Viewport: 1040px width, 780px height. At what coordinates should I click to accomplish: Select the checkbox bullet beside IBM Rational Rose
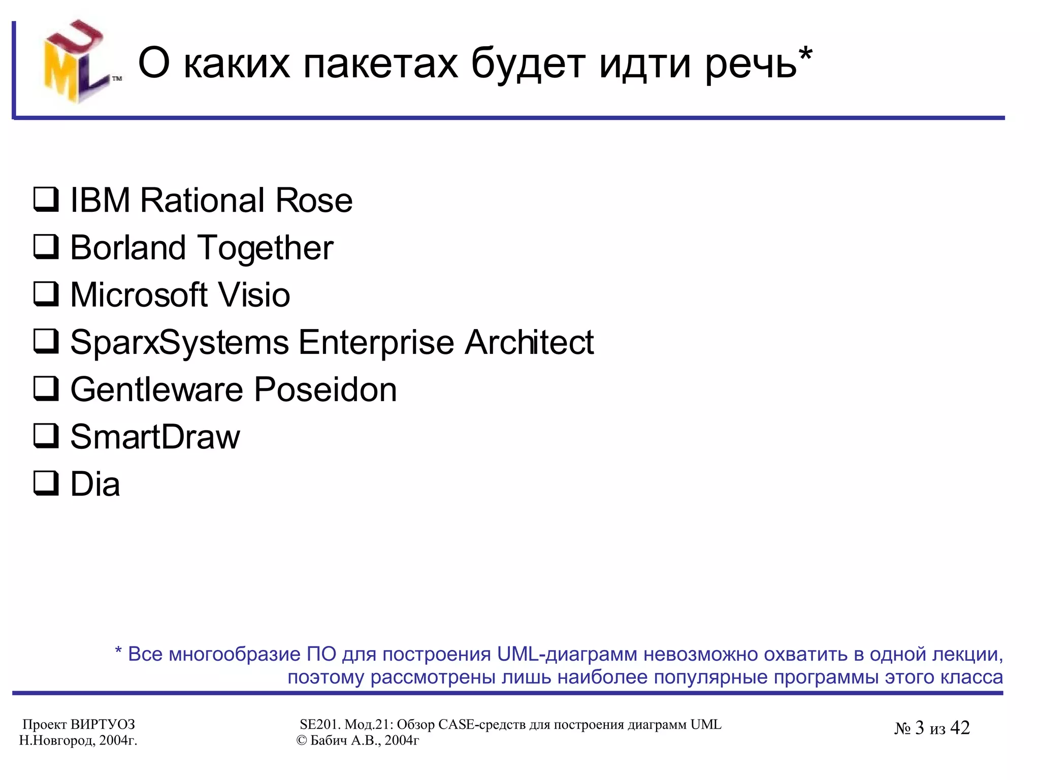point(46,200)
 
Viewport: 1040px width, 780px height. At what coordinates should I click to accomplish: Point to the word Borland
point(128,248)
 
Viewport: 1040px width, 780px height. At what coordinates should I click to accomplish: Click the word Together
point(266,249)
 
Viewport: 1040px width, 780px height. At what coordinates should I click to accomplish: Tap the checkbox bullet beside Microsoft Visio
point(46,294)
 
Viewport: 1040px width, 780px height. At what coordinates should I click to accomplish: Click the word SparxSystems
point(179,343)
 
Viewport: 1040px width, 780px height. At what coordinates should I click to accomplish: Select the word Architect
point(529,342)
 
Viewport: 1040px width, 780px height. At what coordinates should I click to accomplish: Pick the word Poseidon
point(325,389)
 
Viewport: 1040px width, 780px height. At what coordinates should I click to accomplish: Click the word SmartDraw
point(155,437)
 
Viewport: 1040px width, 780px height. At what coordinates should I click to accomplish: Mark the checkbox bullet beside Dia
point(46,483)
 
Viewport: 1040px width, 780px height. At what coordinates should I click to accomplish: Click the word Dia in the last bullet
point(95,484)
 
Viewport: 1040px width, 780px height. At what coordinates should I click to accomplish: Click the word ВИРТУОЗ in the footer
point(103,725)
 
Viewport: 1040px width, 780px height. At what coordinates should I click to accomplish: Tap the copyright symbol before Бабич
point(302,741)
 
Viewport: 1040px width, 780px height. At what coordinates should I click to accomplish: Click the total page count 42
point(960,728)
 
